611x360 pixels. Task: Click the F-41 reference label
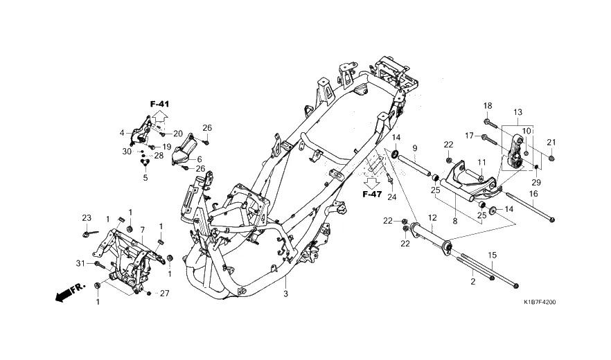pyautogui.click(x=160, y=104)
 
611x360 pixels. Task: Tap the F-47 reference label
pyautogui.click(x=372, y=194)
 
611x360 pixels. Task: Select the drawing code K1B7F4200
pyautogui.click(x=539, y=302)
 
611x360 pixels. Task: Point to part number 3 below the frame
pyautogui.click(x=285, y=294)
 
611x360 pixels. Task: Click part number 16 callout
pyautogui.click(x=533, y=194)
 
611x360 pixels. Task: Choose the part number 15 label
pyautogui.click(x=493, y=255)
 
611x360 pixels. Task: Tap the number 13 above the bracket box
pyautogui.click(x=517, y=113)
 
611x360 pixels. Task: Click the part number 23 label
pyautogui.click(x=87, y=218)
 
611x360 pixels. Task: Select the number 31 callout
pyautogui.click(x=80, y=264)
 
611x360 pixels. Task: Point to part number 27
pyautogui.click(x=165, y=294)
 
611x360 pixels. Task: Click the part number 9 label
pyautogui.click(x=415, y=148)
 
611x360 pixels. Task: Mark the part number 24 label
pyautogui.click(x=391, y=197)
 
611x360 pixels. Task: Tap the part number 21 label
pyautogui.click(x=551, y=143)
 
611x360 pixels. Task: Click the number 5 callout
pyautogui.click(x=145, y=179)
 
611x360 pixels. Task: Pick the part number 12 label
pyautogui.click(x=432, y=218)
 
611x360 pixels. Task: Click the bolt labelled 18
pyautogui.click(x=490, y=123)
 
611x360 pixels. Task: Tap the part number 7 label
pyautogui.click(x=142, y=229)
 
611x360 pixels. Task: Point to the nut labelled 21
pyautogui.click(x=551, y=158)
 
